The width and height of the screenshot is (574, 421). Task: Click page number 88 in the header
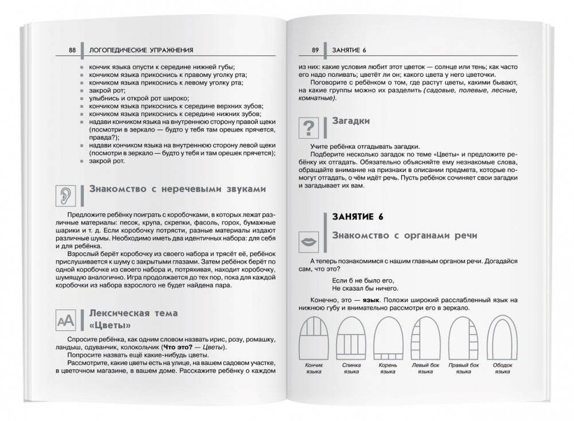pyautogui.click(x=72, y=50)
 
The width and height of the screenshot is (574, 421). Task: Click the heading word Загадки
pyautogui.click(x=351, y=122)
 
